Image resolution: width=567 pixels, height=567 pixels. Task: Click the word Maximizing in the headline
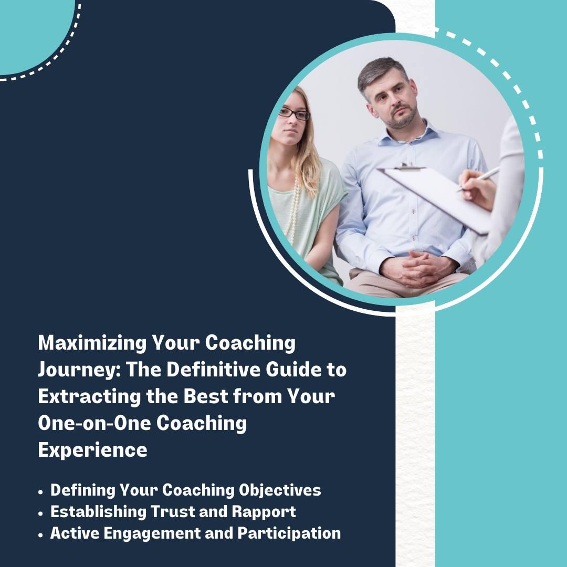click(92, 343)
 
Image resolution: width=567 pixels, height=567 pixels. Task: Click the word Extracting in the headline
click(89, 397)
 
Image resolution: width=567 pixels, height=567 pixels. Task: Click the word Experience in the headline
click(92, 450)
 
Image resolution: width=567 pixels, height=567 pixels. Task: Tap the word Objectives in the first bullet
click(280, 490)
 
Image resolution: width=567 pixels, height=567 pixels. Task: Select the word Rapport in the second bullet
click(264, 512)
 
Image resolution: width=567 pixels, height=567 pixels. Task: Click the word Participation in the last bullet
click(289, 533)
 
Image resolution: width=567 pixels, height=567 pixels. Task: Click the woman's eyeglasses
click(294, 114)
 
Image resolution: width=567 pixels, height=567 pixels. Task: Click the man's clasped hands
click(419, 268)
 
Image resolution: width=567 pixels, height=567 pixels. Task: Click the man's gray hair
click(380, 72)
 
